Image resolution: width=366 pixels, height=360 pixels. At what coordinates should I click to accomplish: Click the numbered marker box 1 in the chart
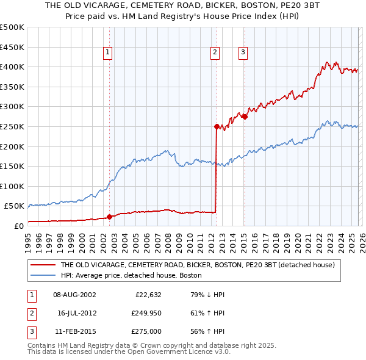pos(107,53)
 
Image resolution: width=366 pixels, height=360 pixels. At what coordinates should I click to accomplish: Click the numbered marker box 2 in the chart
pos(215,53)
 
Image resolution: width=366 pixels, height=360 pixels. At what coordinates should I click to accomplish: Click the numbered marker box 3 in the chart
pos(243,53)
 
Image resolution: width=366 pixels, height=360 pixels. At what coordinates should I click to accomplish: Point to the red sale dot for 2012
pos(217,126)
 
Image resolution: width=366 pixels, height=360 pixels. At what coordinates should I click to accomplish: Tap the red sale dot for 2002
pos(109,216)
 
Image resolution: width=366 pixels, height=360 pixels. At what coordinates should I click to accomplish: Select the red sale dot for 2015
pos(245,117)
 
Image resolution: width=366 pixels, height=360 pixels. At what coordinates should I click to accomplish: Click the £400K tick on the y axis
pos(12,67)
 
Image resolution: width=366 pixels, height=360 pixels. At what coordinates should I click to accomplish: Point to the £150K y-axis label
pos(12,166)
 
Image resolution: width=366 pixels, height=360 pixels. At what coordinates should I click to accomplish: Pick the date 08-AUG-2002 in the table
pos(74,294)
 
